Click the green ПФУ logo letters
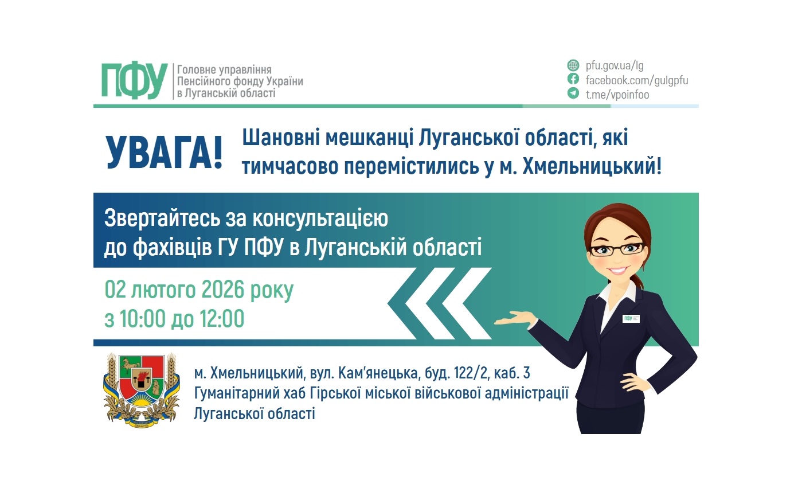[134, 81]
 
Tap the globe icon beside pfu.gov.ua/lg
[573, 65]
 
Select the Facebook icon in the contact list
[573, 79]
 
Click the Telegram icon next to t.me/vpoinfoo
[573, 93]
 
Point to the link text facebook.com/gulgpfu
[636, 80]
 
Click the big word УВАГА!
[165, 153]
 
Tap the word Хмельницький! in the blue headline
[592, 166]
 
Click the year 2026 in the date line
[222, 290]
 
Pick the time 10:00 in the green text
[143, 318]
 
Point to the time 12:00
[222, 318]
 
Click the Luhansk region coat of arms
[142, 390]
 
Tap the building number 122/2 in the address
[471, 373]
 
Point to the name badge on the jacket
[631, 318]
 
